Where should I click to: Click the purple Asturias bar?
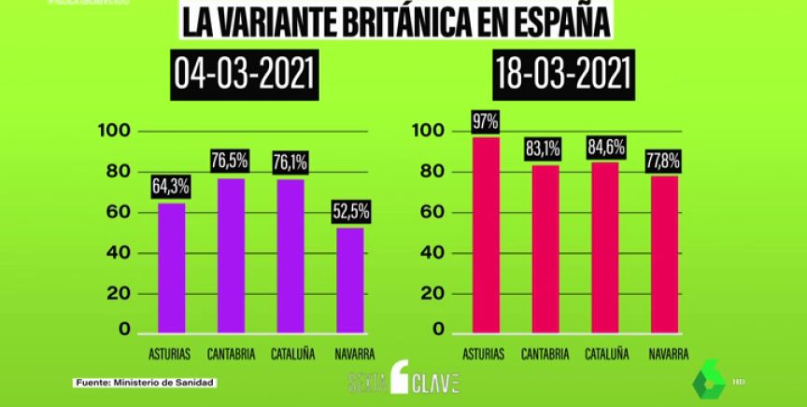click(171, 267)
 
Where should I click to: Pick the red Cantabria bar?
click(545, 248)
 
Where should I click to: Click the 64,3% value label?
click(171, 186)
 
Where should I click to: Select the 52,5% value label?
click(352, 212)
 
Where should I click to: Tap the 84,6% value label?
click(605, 146)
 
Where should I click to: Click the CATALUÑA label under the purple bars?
click(292, 355)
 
